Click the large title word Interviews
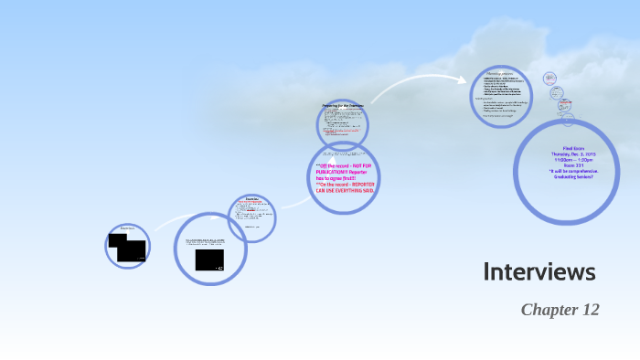pos(539,271)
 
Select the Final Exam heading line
pos(568,148)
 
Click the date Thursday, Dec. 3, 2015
pos(568,154)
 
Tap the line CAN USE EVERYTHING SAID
pos(343,190)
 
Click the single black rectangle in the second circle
pos(209,259)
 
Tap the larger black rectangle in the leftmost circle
pos(132,251)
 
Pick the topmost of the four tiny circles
pos(550,79)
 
